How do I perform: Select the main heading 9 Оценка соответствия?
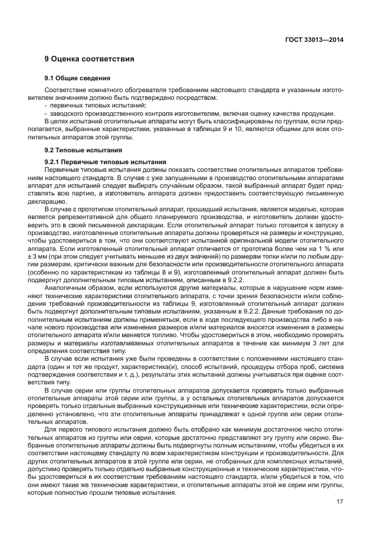pyautogui.click(x=89, y=59)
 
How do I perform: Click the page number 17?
pyautogui.click(x=340, y=502)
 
